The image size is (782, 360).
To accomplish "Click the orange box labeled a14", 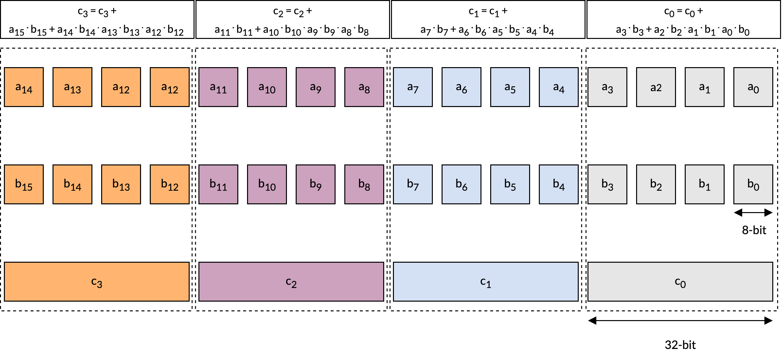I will pyautogui.click(x=24, y=87).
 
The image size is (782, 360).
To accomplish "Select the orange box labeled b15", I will pyautogui.click(x=24, y=184).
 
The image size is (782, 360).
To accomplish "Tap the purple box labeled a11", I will pyautogui.click(x=218, y=87).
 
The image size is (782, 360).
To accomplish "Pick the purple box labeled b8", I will pyautogui.click(x=364, y=184).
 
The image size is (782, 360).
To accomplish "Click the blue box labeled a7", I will pyautogui.click(x=413, y=87).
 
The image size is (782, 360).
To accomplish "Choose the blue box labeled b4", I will pyautogui.click(x=559, y=184).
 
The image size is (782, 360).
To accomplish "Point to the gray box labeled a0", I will pyautogui.click(x=753, y=87).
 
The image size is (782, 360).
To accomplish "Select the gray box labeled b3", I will pyautogui.click(x=607, y=184).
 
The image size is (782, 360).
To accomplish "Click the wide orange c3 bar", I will pyautogui.click(x=97, y=282).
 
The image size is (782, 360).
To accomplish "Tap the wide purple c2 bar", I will pyautogui.click(x=291, y=282).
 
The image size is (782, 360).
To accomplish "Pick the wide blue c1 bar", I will pyautogui.click(x=486, y=282).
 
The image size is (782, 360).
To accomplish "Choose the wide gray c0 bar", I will pyautogui.click(x=680, y=282).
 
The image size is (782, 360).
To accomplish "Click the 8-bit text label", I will pyautogui.click(x=754, y=230).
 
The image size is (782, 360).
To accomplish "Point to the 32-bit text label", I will pyautogui.click(x=680, y=345).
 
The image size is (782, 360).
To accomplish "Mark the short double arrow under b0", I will pyautogui.click(x=753, y=213).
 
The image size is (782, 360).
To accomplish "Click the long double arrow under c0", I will pyautogui.click(x=680, y=321).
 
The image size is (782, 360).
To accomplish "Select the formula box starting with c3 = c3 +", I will pyautogui.click(x=97, y=19).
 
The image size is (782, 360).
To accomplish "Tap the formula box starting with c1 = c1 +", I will pyautogui.click(x=488, y=19).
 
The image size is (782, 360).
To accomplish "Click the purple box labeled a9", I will pyautogui.click(x=315, y=87).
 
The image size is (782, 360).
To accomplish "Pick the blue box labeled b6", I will pyautogui.click(x=461, y=184).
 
